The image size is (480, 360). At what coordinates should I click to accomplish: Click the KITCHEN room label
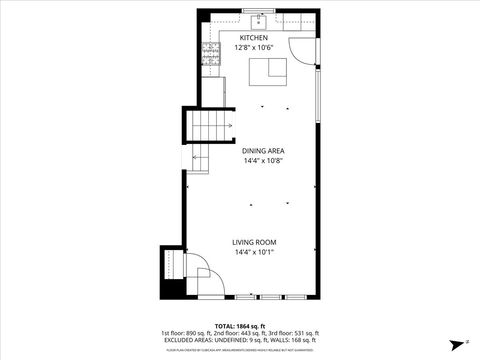click(253, 38)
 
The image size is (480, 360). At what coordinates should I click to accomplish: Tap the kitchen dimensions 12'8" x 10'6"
click(253, 47)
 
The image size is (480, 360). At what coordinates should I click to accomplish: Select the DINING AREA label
click(263, 151)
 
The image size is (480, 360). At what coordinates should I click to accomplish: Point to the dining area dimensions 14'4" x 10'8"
click(263, 160)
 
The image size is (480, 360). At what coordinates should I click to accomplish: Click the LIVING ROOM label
click(255, 243)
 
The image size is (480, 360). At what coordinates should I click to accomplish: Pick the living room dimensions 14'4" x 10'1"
click(255, 252)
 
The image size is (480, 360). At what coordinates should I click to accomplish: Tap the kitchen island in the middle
click(267, 71)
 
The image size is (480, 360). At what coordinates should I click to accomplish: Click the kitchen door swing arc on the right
click(300, 50)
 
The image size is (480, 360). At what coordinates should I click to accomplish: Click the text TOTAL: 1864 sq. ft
click(240, 326)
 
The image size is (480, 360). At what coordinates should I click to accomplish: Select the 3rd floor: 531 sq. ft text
click(296, 333)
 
